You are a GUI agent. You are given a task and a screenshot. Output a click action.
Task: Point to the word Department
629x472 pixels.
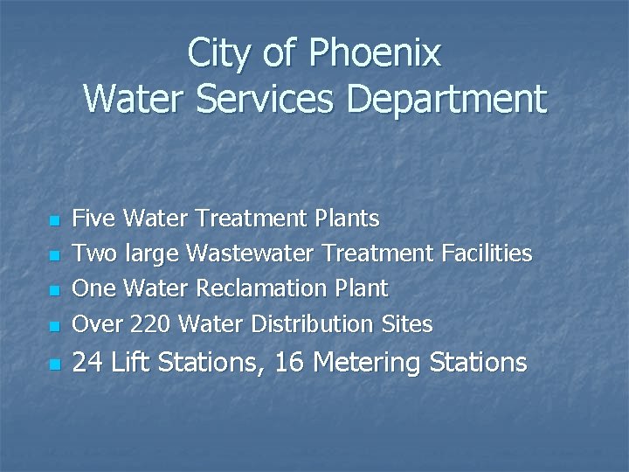pyautogui.click(x=446, y=100)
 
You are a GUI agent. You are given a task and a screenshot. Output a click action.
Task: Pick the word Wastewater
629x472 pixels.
pyautogui.click(x=252, y=253)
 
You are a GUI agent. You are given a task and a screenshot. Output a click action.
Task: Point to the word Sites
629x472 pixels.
pyautogui.click(x=407, y=324)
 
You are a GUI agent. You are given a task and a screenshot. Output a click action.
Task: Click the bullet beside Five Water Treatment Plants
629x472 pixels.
pyautogui.click(x=54, y=219)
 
